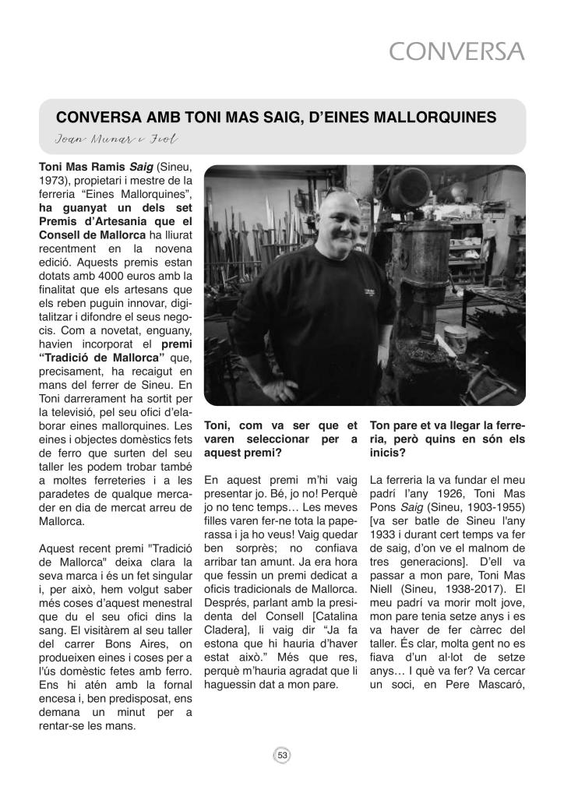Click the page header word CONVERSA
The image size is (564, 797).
(x=457, y=51)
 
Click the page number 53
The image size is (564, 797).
(x=282, y=754)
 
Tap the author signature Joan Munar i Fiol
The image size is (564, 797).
(x=118, y=139)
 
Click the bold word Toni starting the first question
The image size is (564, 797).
(x=219, y=426)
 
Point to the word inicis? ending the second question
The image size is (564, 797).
(x=387, y=453)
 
